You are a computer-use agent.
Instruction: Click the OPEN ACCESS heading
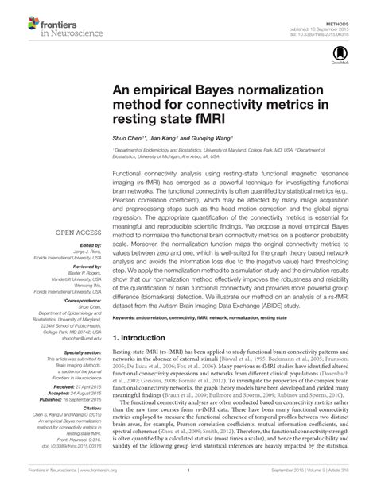coord(77,233)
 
